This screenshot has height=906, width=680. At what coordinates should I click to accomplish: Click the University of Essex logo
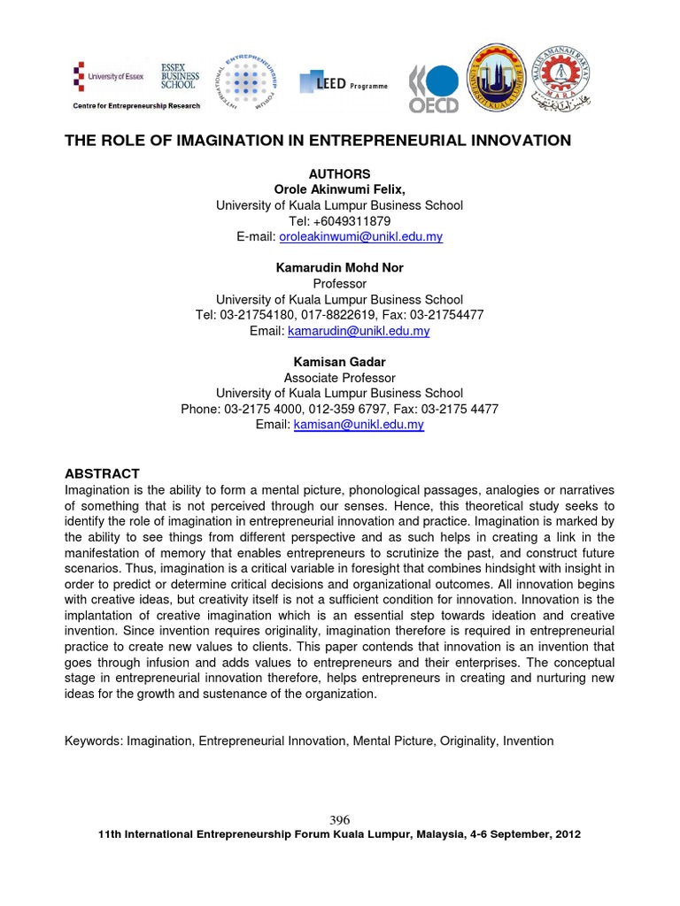[107, 77]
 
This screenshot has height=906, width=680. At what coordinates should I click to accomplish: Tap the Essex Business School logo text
[179, 76]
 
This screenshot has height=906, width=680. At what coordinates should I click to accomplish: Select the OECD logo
[433, 89]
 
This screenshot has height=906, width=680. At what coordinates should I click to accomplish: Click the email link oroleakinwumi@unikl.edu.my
[360, 237]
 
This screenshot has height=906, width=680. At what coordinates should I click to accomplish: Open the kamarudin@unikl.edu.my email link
[359, 331]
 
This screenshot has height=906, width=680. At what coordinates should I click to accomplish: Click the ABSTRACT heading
[102, 474]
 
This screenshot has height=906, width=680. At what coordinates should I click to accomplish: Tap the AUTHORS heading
[340, 173]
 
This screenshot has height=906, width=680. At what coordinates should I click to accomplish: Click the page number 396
[340, 820]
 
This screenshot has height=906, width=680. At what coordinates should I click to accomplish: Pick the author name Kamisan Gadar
[340, 362]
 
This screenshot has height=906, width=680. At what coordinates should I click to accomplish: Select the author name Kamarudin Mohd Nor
[340, 268]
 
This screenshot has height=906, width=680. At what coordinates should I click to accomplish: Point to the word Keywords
[93, 741]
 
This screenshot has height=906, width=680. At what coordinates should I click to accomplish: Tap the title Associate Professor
[340, 378]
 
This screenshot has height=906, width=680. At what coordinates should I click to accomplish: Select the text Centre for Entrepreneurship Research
[136, 106]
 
